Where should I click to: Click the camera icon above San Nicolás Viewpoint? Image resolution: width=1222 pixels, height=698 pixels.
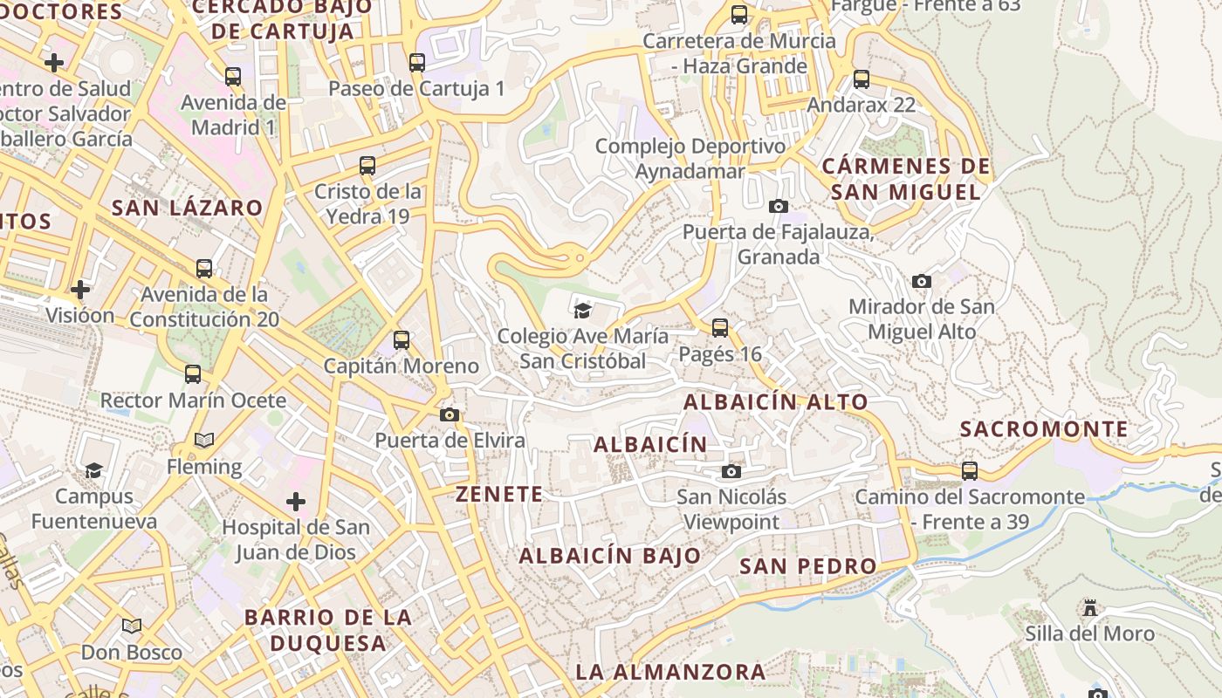731,472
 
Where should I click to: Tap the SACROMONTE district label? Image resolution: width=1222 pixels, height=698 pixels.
1044,429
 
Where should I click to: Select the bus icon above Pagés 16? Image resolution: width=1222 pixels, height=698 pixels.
720,328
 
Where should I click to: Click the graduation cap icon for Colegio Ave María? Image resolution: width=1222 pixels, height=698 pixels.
582,310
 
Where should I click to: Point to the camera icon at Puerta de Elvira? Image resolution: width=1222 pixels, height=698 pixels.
450,414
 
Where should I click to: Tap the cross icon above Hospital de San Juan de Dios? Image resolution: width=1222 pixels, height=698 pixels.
296,502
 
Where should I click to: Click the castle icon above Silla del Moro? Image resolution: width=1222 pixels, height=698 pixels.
1089,607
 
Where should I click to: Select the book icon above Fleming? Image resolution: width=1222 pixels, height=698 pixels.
204,441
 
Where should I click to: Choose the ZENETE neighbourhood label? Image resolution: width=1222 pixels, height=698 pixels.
499,494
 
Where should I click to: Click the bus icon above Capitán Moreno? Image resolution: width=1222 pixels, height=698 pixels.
402,340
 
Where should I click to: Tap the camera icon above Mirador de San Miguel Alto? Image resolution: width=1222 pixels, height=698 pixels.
922,281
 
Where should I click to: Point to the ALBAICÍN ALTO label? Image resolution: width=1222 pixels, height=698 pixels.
775,402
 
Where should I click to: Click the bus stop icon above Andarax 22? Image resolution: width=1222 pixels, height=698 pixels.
862,79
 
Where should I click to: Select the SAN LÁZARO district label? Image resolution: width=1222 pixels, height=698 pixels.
188,208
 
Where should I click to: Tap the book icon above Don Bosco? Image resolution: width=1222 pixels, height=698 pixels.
132,626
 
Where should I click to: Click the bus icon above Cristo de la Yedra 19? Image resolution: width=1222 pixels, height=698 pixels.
367,166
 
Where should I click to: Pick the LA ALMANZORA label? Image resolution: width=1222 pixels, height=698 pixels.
670,672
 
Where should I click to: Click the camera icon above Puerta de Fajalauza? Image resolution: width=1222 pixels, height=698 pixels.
778,206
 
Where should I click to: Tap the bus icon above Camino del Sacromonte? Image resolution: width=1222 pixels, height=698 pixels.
970,471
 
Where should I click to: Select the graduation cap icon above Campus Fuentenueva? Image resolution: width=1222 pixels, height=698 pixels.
93,471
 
